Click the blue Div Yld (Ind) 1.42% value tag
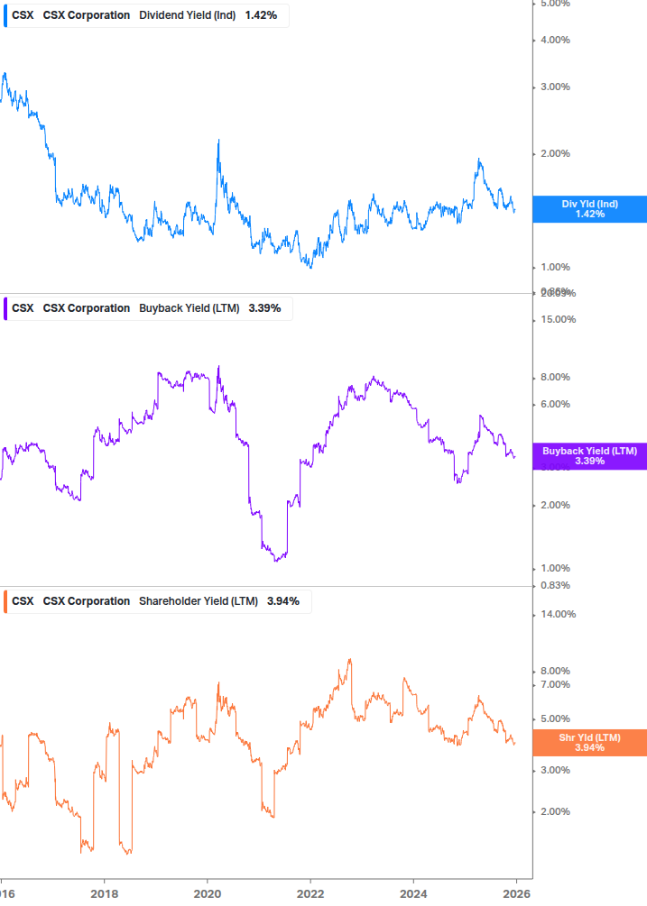coord(589,209)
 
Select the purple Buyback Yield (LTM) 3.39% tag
coord(589,455)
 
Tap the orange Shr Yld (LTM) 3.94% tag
coord(589,742)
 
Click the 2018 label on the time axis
coord(104,892)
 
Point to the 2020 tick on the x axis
coord(207,892)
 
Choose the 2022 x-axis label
coord(310,892)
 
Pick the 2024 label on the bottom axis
coord(412,892)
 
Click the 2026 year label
coord(515,892)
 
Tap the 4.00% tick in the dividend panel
coord(556,40)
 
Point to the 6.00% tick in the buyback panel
coord(556,404)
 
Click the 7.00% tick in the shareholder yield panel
coord(556,684)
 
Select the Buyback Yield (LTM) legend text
coord(189,308)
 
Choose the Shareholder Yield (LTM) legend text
coord(198,601)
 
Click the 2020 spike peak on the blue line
coord(218,141)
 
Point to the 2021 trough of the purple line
coord(276,561)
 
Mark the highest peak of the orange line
coord(349,659)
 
